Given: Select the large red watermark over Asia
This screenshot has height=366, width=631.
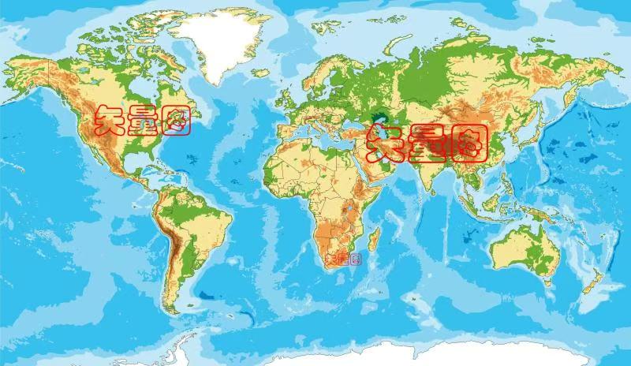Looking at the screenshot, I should point(427,142).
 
